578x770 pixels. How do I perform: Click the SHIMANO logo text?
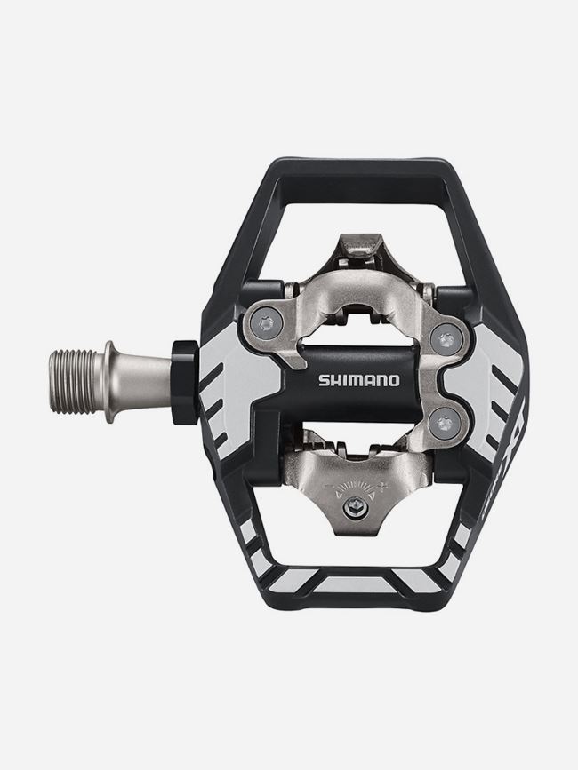(358, 380)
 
